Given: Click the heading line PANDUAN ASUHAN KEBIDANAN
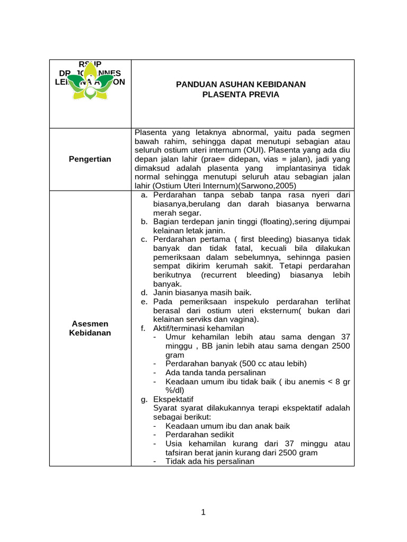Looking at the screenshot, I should [241, 84].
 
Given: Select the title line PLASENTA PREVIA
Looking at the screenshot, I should [241, 94].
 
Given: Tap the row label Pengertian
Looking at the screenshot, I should [90, 159].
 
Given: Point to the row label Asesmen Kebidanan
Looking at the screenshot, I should [90, 328].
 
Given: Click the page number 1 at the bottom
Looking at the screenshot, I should [203, 512].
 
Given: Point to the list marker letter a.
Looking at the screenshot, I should [144, 195].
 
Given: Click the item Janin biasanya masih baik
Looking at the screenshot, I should [202, 293].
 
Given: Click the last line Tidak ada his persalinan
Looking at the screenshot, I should [210, 461].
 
